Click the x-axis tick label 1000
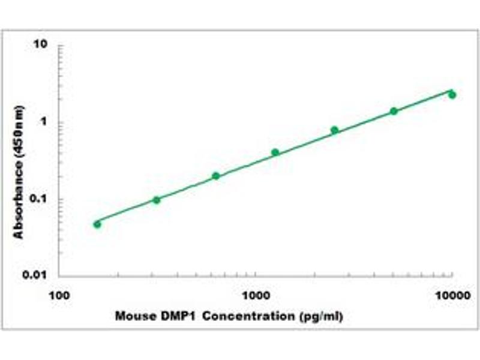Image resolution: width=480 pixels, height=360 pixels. click(256, 295)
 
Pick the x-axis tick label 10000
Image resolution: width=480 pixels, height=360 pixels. click(451, 295)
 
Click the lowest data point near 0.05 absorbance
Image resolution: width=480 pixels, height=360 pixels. click(97, 224)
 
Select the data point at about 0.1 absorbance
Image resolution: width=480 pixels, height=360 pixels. click(157, 200)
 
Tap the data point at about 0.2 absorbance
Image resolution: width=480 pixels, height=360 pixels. click(216, 176)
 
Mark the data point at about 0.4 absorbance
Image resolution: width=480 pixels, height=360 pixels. click(275, 152)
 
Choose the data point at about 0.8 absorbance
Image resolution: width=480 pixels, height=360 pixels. click(334, 130)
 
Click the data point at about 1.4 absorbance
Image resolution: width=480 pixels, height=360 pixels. click(394, 111)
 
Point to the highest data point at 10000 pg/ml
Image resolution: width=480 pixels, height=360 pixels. click(452, 95)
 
